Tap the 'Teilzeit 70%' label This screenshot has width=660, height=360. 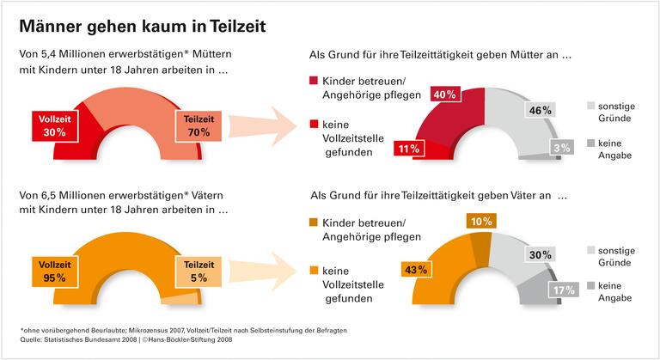tap(197, 125)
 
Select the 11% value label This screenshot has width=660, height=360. tap(409, 149)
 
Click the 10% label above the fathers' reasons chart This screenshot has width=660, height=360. tap(481, 222)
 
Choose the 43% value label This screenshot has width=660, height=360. tap(414, 270)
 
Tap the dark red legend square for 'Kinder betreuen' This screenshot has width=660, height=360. tap(314, 81)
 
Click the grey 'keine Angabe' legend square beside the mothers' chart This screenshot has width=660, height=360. tap(591, 143)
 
